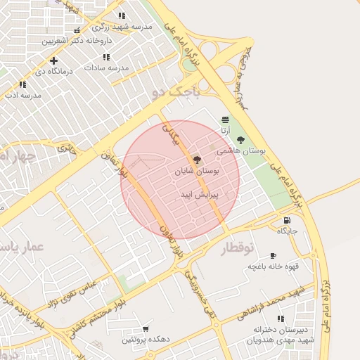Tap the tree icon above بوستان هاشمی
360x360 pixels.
(x=241, y=140)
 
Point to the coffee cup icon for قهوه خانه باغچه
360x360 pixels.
(x=274, y=255)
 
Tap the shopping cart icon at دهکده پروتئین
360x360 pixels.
(x=146, y=328)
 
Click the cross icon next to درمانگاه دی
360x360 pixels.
(x=53, y=60)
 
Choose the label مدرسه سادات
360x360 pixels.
(x=106, y=67)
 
